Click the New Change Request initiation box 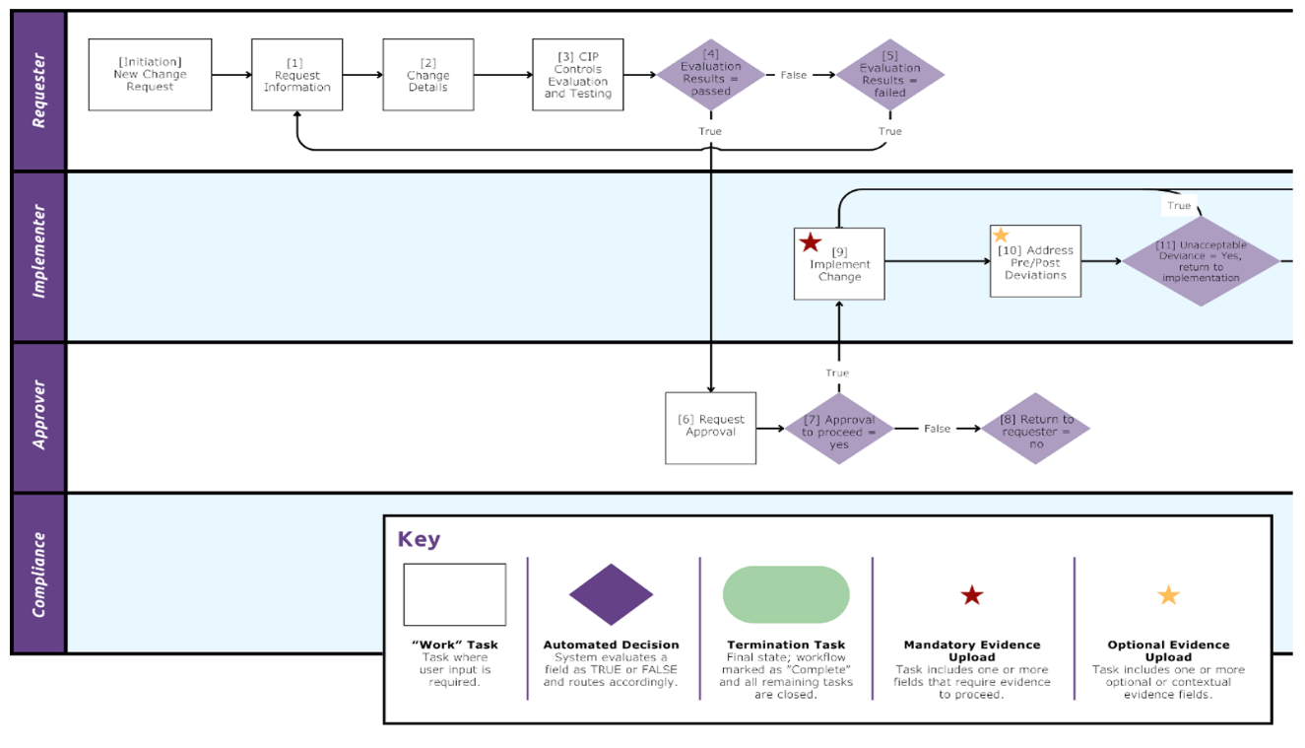[x=150, y=75]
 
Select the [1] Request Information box [x=296, y=75]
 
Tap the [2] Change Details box [x=427, y=75]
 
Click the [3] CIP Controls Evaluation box [x=577, y=75]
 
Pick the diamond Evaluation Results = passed [x=710, y=75]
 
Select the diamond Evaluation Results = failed [x=889, y=75]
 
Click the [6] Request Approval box [x=710, y=428]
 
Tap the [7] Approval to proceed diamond [x=838, y=429]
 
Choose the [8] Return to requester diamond [x=1035, y=429]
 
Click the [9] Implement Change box [x=839, y=264]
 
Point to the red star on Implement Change [x=810, y=242]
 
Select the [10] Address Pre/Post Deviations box [x=1035, y=262]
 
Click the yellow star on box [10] [x=1001, y=236]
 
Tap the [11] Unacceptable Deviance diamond [x=1201, y=262]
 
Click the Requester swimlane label [x=38, y=91]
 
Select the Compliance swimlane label [x=38, y=574]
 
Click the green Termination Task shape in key [x=785, y=594]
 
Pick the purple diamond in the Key [x=611, y=594]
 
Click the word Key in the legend [x=419, y=539]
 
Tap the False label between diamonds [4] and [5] [x=793, y=75]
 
